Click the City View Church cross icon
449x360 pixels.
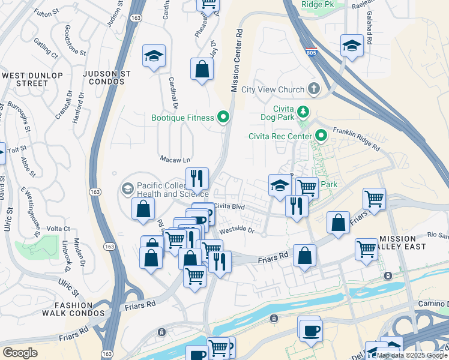pyautogui.click(x=313, y=89)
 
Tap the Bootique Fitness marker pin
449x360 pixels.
pyautogui.click(x=224, y=117)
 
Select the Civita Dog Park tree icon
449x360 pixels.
pyautogui.click(x=304, y=112)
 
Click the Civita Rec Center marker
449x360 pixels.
pyautogui.click(x=321, y=136)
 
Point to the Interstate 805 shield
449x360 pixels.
pyautogui.click(x=310, y=52)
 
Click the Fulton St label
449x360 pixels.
pyautogui.click(x=47, y=12)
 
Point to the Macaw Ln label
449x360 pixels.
pyautogui.click(x=175, y=160)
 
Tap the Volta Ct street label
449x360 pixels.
pyautogui.click(x=58, y=229)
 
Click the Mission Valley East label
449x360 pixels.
pyautogui.click(x=410, y=242)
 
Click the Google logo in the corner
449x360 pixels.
pyautogui.click(x=20, y=353)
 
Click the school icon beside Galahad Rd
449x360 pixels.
pyautogui.click(x=352, y=46)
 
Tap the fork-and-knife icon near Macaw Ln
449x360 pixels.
pyautogui.click(x=197, y=178)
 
